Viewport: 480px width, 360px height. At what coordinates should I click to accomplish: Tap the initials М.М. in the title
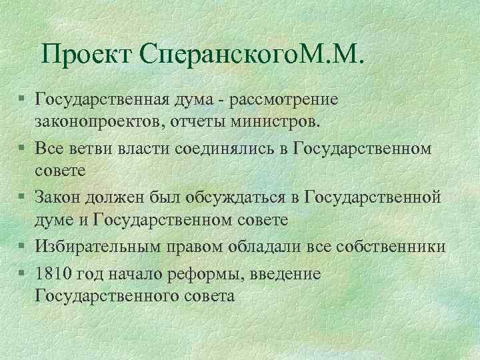[333, 55]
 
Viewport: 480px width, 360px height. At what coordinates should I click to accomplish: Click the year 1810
[55, 273]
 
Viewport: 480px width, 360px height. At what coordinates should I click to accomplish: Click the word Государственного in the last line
[107, 295]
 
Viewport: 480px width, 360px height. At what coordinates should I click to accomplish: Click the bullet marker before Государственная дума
[23, 99]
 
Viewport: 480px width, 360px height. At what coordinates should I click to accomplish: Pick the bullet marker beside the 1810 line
[23, 273]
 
